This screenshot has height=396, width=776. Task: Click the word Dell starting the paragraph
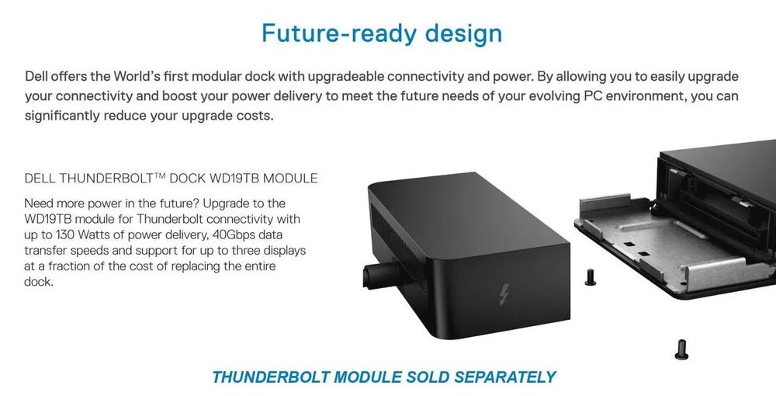[x=39, y=77]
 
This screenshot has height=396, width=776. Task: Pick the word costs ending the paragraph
[x=255, y=116]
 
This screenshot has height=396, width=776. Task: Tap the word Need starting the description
[x=41, y=203]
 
